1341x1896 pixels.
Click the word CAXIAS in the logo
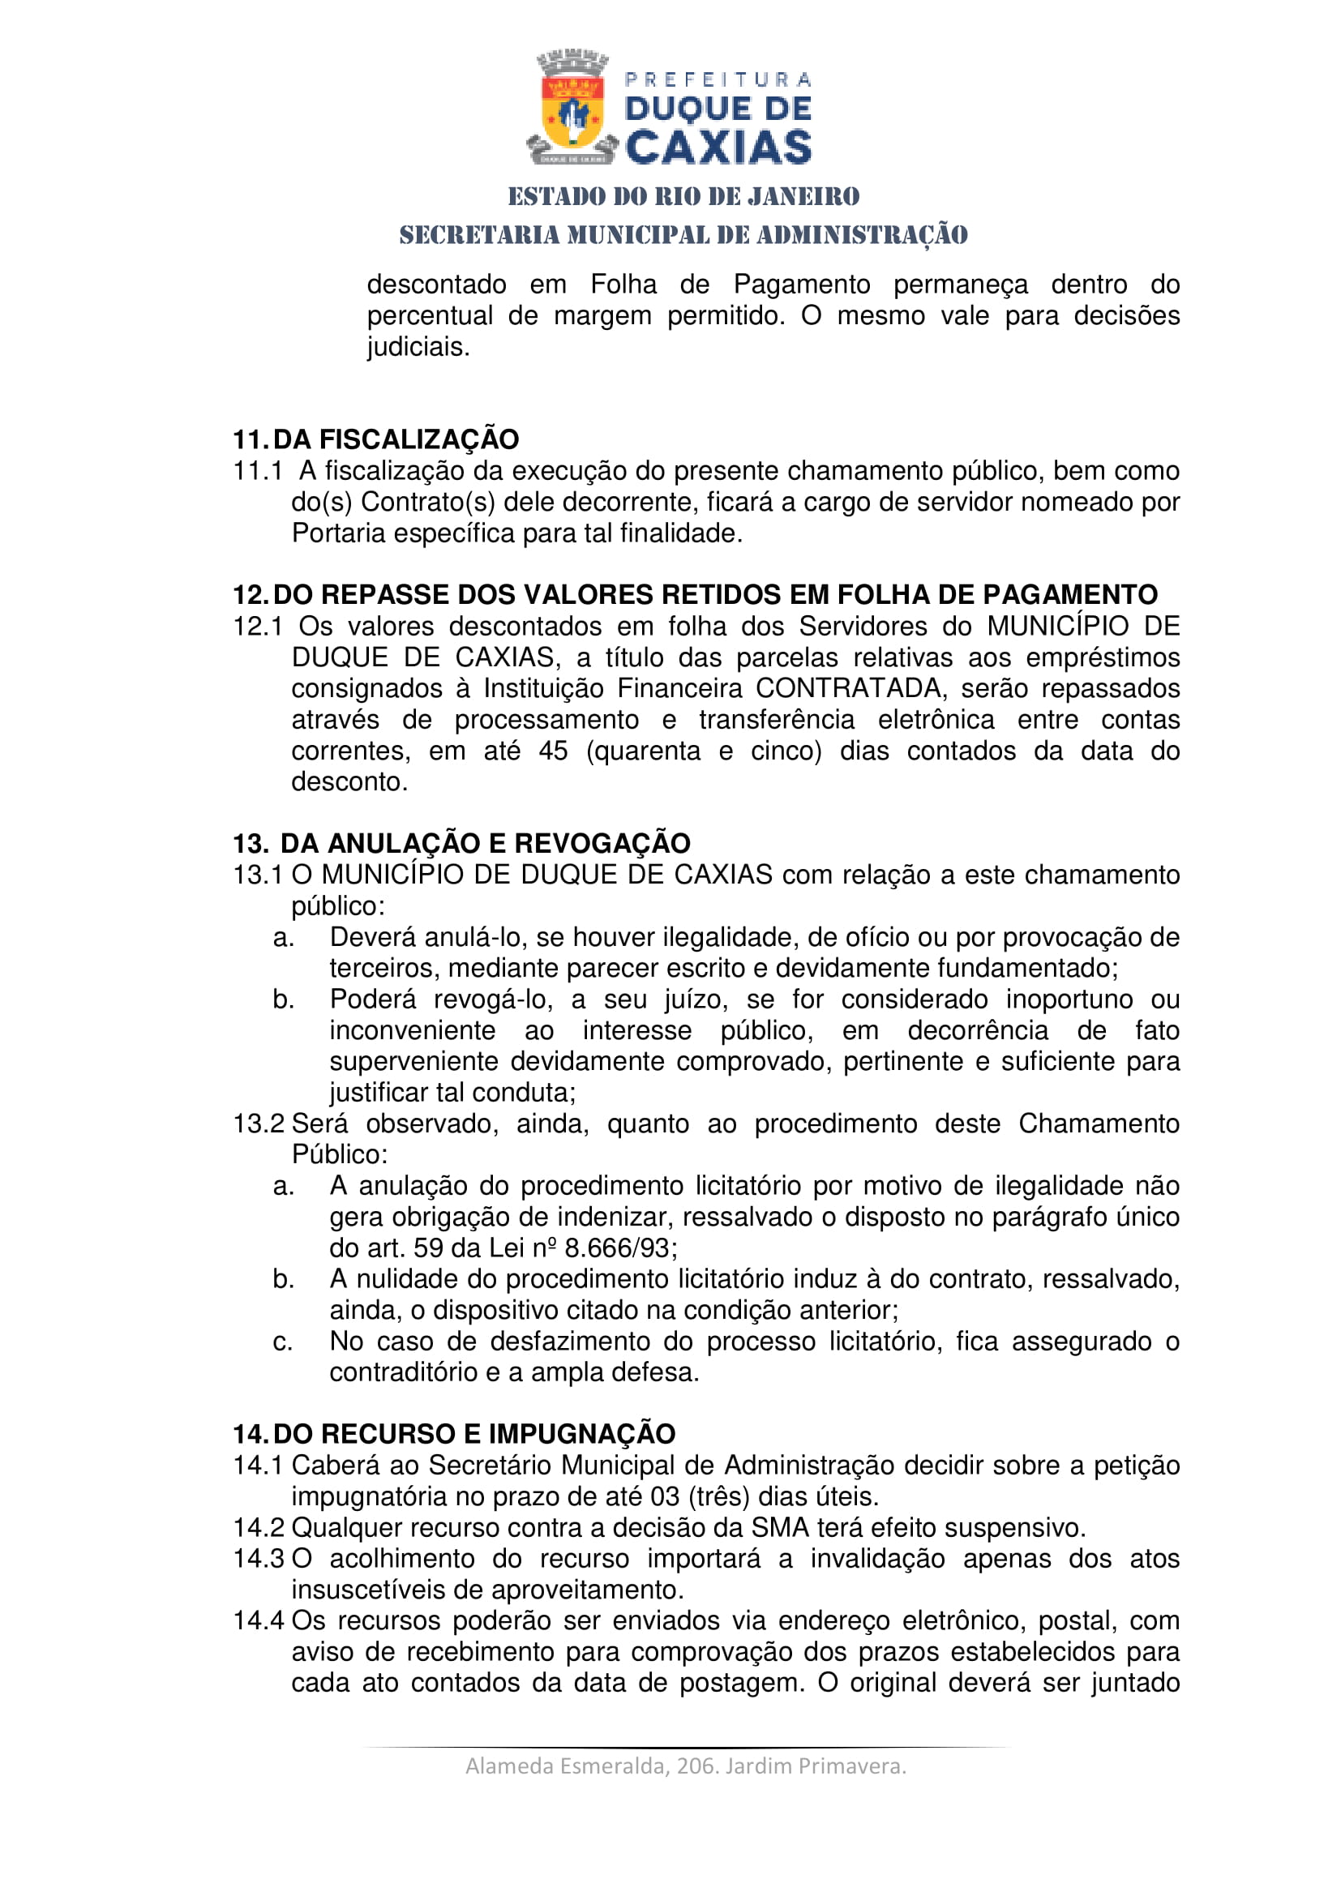pos(718,148)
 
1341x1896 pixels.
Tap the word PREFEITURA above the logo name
pos(718,80)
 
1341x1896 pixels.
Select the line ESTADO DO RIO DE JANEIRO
pos(683,196)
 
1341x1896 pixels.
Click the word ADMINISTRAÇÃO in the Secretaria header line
pos(862,235)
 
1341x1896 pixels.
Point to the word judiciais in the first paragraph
pos(418,347)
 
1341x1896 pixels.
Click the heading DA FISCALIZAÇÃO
pos(396,439)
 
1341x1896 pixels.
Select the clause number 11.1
pos(258,471)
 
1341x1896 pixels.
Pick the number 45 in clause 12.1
pos(553,751)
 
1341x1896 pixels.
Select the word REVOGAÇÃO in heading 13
pos(602,843)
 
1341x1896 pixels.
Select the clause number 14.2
pos(259,1528)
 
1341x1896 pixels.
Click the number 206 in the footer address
pos(695,1765)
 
